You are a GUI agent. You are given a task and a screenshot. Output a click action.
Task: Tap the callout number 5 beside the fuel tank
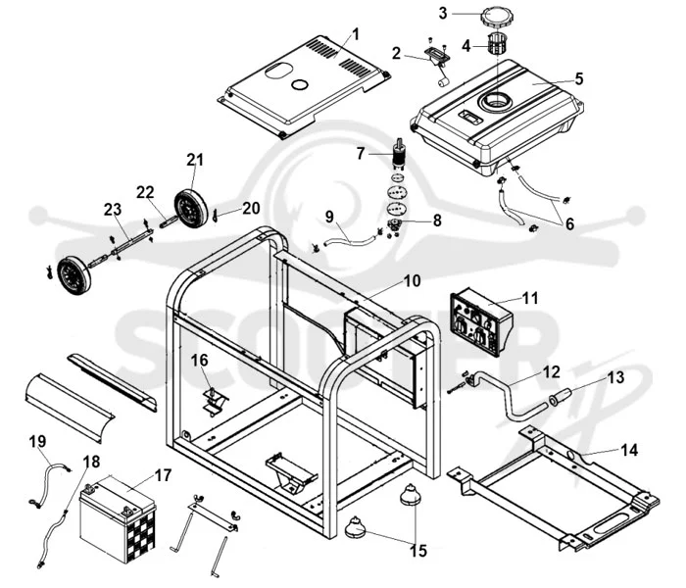pyautogui.click(x=579, y=78)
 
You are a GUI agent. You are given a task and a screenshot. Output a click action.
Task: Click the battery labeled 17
pyautogui.click(x=118, y=518)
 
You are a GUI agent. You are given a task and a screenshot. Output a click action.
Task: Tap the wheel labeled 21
pyautogui.click(x=191, y=208)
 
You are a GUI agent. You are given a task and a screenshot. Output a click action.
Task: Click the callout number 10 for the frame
pyautogui.click(x=412, y=281)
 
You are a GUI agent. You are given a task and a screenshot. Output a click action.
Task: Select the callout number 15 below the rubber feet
pyautogui.click(x=418, y=551)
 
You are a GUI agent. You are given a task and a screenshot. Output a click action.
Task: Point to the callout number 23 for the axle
pyautogui.click(x=113, y=209)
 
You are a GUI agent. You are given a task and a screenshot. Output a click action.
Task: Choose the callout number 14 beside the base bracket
pyautogui.click(x=629, y=450)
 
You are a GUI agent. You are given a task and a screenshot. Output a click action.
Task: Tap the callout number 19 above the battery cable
pyautogui.click(x=37, y=441)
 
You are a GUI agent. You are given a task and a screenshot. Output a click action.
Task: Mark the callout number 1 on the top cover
pyautogui.click(x=355, y=34)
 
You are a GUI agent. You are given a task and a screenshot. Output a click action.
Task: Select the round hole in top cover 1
pyautogui.click(x=300, y=84)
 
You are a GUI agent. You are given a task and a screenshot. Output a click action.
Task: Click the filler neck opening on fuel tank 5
pyautogui.click(x=496, y=101)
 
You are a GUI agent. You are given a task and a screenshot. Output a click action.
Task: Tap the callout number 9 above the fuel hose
pyautogui.click(x=329, y=217)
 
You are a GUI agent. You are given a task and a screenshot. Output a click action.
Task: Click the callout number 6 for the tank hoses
pyautogui.click(x=569, y=223)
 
